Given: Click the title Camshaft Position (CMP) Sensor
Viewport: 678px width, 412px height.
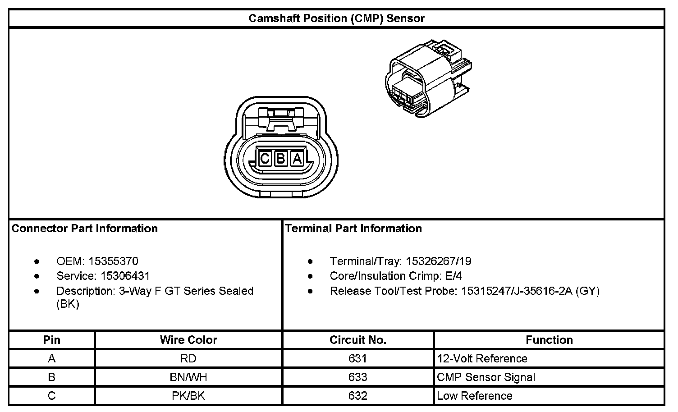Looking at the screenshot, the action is click(x=336, y=18).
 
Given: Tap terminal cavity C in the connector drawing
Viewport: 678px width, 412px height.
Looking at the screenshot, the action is click(x=265, y=159).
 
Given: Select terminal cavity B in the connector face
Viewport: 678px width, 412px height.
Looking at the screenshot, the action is click(x=281, y=159).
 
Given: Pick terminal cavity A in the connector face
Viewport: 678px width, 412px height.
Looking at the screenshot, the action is click(x=297, y=159).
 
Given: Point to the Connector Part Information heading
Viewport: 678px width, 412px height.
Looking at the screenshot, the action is click(x=85, y=229).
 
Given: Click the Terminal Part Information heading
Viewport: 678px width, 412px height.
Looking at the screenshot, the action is click(x=353, y=229).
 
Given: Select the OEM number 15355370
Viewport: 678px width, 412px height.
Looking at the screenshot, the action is click(x=113, y=261).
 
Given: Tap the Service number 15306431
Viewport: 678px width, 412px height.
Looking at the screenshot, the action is click(x=119, y=276).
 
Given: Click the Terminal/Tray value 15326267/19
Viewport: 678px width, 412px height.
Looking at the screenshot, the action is click(x=438, y=261).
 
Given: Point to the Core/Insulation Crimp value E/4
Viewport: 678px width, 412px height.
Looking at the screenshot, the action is click(x=453, y=276).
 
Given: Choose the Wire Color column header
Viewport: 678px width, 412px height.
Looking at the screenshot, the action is click(x=188, y=340).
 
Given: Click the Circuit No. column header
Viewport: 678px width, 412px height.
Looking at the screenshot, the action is click(x=358, y=340).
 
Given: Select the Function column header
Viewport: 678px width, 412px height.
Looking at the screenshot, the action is click(x=549, y=340).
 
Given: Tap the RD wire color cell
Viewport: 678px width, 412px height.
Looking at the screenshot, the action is click(x=188, y=359).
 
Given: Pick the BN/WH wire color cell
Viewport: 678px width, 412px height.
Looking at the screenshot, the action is click(x=188, y=377).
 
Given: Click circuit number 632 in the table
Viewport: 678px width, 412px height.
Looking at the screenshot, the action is click(x=358, y=396).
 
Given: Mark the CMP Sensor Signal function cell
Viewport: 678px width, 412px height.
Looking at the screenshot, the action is click(x=486, y=377).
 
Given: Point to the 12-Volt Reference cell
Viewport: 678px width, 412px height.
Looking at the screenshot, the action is click(x=482, y=359).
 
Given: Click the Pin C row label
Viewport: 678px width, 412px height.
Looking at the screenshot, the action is click(x=52, y=396).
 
